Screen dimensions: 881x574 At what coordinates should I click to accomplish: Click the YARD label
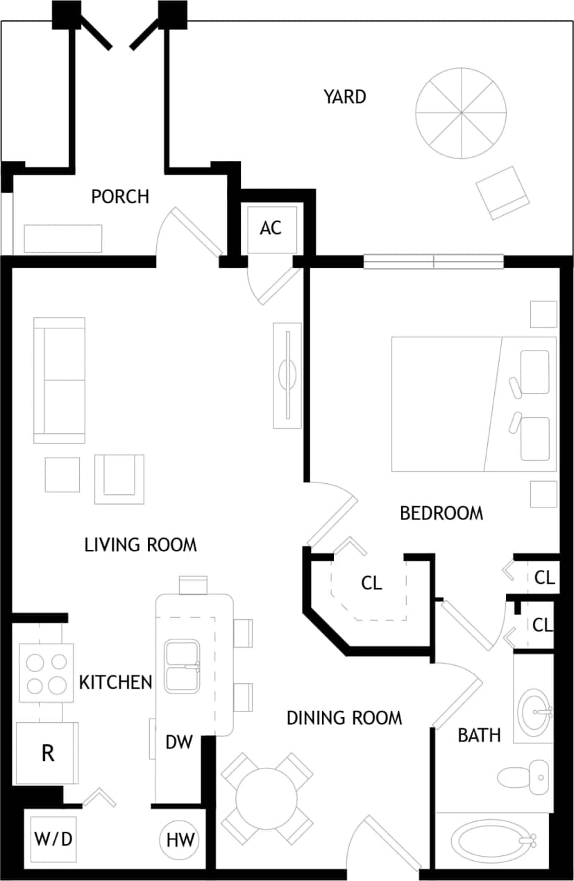pyautogui.click(x=344, y=97)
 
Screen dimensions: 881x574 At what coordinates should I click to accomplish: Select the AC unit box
pyautogui.click(x=271, y=228)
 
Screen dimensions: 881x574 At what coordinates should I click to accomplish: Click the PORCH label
pyautogui.click(x=120, y=196)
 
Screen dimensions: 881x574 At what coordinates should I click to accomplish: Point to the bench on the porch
pyautogui.click(x=63, y=238)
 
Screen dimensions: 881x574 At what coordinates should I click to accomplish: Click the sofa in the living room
pyautogui.click(x=60, y=380)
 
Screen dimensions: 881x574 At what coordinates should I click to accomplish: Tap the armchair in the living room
pyautogui.click(x=119, y=478)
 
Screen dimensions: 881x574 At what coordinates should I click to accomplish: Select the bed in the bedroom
pyautogui.click(x=473, y=404)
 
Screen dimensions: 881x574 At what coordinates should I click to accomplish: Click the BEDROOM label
pyautogui.click(x=441, y=513)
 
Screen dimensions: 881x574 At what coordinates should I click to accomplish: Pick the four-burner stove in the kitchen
pyautogui.click(x=46, y=672)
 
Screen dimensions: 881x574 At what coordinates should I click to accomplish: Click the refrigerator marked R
pyautogui.click(x=47, y=753)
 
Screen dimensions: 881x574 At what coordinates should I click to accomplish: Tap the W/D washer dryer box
pyautogui.click(x=53, y=839)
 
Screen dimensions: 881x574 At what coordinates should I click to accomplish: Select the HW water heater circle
pyautogui.click(x=180, y=840)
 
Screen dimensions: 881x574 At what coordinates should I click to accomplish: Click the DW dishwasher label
pyautogui.click(x=178, y=742)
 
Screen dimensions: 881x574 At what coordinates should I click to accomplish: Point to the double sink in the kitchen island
pyautogui.click(x=183, y=666)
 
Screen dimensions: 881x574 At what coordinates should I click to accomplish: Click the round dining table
pyautogui.click(x=266, y=797)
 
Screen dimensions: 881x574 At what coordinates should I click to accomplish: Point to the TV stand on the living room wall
pyautogui.click(x=287, y=375)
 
